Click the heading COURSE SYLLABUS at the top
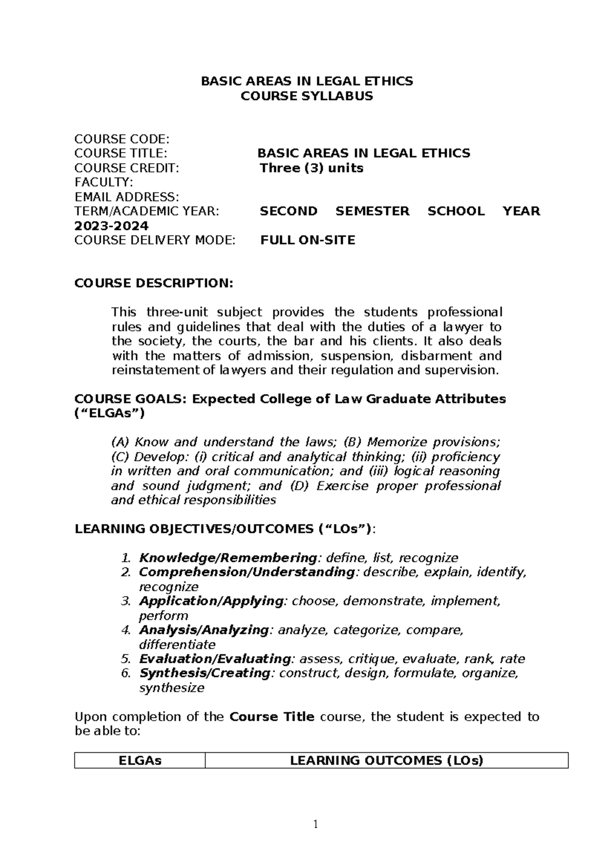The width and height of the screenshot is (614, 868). pyautogui.click(x=306, y=96)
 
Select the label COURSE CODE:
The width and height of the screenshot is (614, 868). pyautogui.click(x=121, y=139)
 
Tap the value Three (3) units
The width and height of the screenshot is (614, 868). pyautogui.click(x=312, y=168)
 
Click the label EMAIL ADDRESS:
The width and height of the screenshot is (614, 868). pyautogui.click(x=126, y=197)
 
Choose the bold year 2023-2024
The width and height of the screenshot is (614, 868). pyautogui.click(x=112, y=226)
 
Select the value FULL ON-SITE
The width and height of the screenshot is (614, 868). pyautogui.click(x=308, y=240)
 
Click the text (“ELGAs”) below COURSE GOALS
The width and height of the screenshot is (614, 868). pyautogui.click(x=109, y=413)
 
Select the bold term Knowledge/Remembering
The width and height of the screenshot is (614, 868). pyautogui.click(x=228, y=557)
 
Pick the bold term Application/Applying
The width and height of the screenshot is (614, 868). pyautogui.click(x=211, y=600)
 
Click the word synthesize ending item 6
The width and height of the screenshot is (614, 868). pyautogui.click(x=171, y=687)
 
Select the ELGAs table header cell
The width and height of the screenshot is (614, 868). pyautogui.click(x=140, y=761)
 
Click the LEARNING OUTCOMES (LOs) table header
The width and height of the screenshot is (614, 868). pyautogui.click(x=386, y=761)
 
